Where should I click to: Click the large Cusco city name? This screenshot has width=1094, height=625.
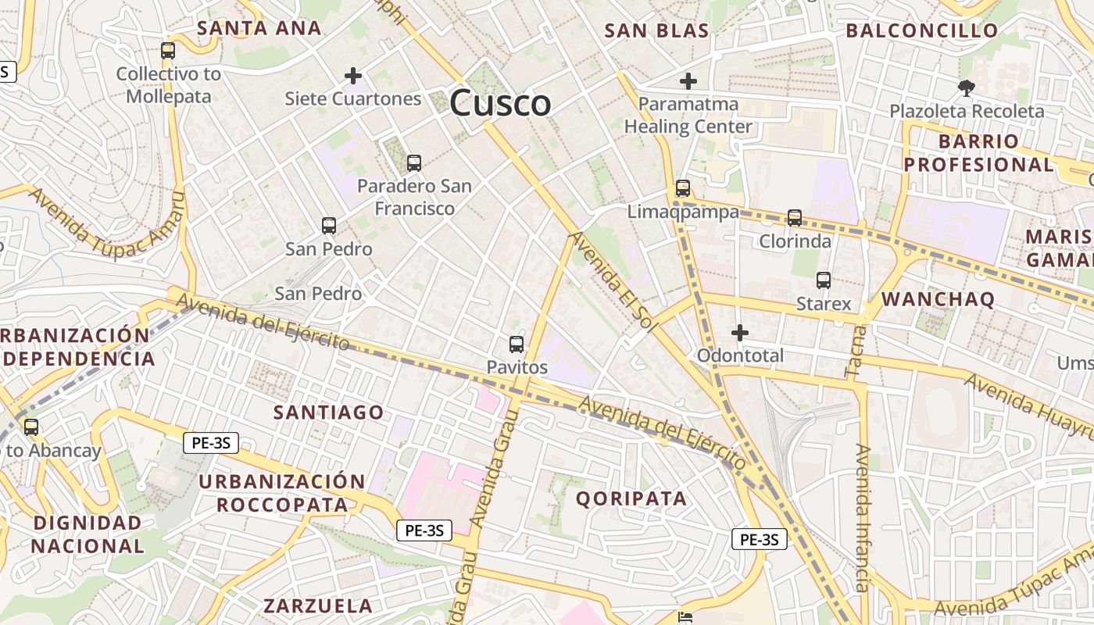coord(500,103)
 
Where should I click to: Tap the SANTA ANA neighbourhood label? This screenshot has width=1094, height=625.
coord(259,28)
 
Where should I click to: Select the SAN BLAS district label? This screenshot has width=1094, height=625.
coord(656,30)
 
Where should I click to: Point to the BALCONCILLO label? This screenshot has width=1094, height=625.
coord(922,30)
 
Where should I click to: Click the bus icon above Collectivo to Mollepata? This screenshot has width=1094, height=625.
coord(168,51)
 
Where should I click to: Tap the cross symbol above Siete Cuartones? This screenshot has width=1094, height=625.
coord(353,76)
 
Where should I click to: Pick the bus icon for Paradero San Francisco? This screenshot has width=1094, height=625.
coord(414,163)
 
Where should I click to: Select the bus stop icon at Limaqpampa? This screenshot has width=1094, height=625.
coord(683,188)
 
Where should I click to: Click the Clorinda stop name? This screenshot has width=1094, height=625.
coord(795,241)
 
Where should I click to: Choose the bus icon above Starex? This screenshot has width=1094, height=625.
coord(823,280)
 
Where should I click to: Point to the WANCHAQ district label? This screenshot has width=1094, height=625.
coord(938,299)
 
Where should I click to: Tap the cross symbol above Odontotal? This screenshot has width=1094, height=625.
coord(739,334)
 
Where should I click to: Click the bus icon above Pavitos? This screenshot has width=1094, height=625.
coord(517,345)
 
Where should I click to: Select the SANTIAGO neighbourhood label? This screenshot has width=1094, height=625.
coord(328,412)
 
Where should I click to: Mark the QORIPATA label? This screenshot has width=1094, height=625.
coord(631,498)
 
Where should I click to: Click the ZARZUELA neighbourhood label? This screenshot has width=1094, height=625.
coord(317,605)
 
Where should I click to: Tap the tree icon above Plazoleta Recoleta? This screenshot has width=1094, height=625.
coord(967,88)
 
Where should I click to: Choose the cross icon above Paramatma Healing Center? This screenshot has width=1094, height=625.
coord(688,80)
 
